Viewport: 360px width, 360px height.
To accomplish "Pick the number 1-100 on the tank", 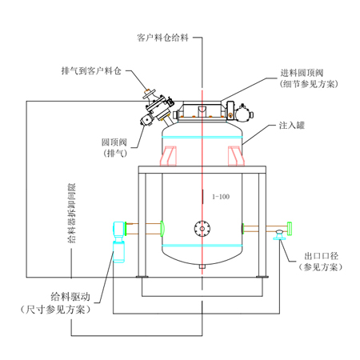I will [220, 196].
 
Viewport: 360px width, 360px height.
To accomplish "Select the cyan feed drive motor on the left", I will [122, 241].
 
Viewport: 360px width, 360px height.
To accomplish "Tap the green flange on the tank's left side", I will [163, 229].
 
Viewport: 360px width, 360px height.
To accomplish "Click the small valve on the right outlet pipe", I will [278, 234].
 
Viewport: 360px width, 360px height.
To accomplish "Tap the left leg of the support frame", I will [142, 225].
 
